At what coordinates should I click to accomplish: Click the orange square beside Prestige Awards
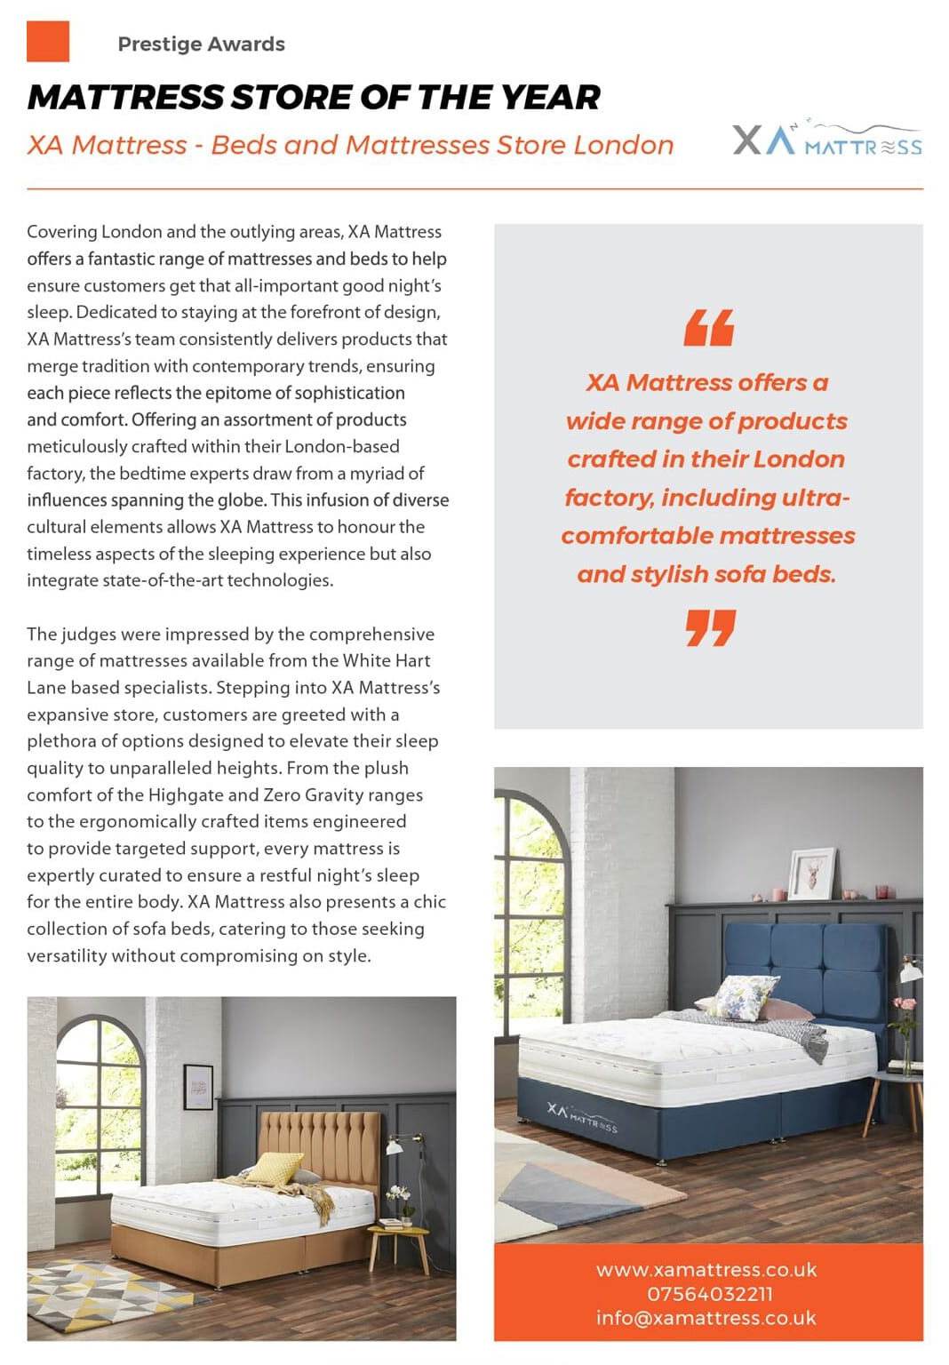48,41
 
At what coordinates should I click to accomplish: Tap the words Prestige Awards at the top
201,44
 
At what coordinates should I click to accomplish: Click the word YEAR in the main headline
551,98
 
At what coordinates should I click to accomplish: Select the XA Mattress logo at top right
827,140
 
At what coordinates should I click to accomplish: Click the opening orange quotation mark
709,328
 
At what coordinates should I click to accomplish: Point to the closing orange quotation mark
710,627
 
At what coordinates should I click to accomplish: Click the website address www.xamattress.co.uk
706,1270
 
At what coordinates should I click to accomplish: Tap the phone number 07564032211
709,1294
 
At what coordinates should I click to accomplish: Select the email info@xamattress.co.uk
706,1318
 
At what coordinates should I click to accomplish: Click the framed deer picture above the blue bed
812,874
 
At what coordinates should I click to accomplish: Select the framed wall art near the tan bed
198,1087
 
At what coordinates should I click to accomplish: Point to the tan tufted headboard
320,1146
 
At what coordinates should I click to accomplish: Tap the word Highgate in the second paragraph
185,795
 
